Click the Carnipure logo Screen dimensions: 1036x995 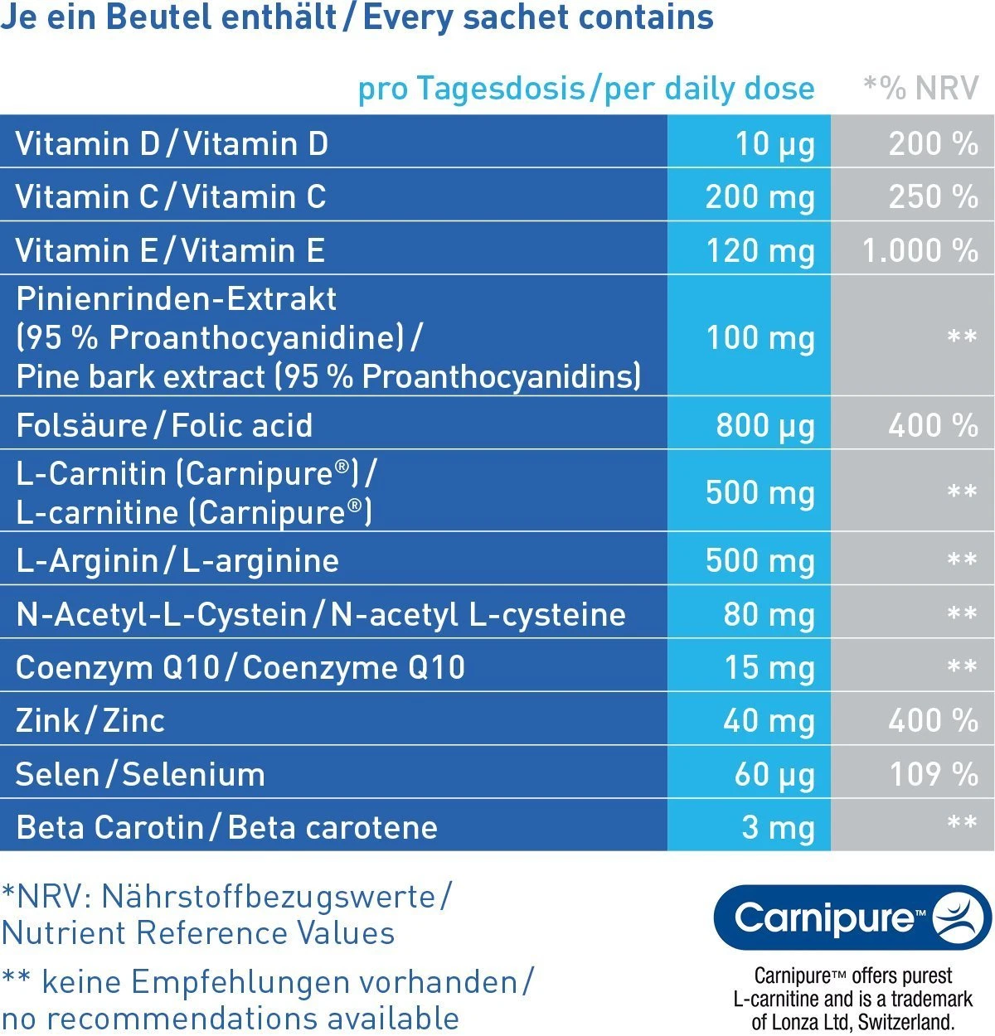(852, 917)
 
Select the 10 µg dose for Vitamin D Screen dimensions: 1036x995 (774, 144)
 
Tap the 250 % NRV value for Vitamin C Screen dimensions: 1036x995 (933, 197)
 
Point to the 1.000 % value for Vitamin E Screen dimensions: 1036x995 (920, 250)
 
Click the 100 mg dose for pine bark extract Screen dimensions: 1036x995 (760, 337)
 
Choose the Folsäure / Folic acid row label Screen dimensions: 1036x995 (164, 425)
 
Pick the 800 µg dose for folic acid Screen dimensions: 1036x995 (764, 425)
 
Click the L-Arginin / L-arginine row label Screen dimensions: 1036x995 (177, 561)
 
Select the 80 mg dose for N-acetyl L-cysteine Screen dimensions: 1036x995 (769, 614)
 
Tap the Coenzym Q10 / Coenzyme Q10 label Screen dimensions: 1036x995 (240, 667)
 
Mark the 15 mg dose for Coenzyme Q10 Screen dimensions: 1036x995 (769, 667)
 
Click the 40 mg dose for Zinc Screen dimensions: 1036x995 (769, 720)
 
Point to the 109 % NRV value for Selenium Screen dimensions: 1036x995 (933, 774)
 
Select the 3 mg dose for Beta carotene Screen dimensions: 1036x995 (778, 827)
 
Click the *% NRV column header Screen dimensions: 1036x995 (920, 88)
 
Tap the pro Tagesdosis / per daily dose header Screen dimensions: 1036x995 (586, 88)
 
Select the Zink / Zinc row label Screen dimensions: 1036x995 (90, 720)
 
